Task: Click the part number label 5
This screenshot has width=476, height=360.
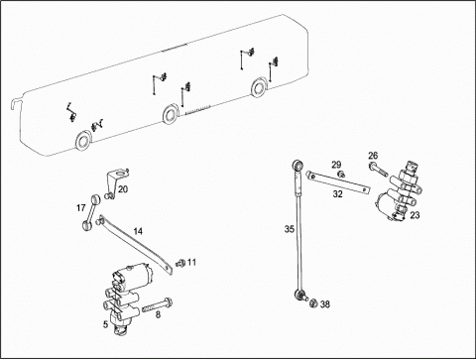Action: coord(105,324)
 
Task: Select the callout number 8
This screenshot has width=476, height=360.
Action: coord(158,314)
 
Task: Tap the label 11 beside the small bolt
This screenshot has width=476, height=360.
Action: coord(191,263)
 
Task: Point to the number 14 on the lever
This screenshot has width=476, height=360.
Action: coord(138,231)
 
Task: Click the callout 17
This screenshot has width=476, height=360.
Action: coord(81,208)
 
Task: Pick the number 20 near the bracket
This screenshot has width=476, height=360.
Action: coord(123,189)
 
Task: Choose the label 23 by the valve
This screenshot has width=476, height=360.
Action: coord(415,215)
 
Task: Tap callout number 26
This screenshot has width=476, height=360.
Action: coord(373,156)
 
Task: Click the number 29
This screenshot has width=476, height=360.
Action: coord(336,165)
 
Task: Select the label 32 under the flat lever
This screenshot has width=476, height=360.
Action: coord(337,194)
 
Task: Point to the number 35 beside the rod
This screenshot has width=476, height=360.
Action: coord(290,229)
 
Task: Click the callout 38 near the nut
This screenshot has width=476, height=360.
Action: coord(325,304)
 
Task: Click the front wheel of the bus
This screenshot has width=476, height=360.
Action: coord(83,141)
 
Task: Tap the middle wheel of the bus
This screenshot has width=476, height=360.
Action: coord(171,114)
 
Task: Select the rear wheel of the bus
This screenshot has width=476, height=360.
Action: coord(259,87)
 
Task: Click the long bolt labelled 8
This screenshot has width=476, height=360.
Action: coord(158,305)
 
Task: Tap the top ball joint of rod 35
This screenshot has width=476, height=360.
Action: coord(297,165)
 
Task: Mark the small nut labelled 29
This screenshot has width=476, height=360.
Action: coord(340,174)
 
